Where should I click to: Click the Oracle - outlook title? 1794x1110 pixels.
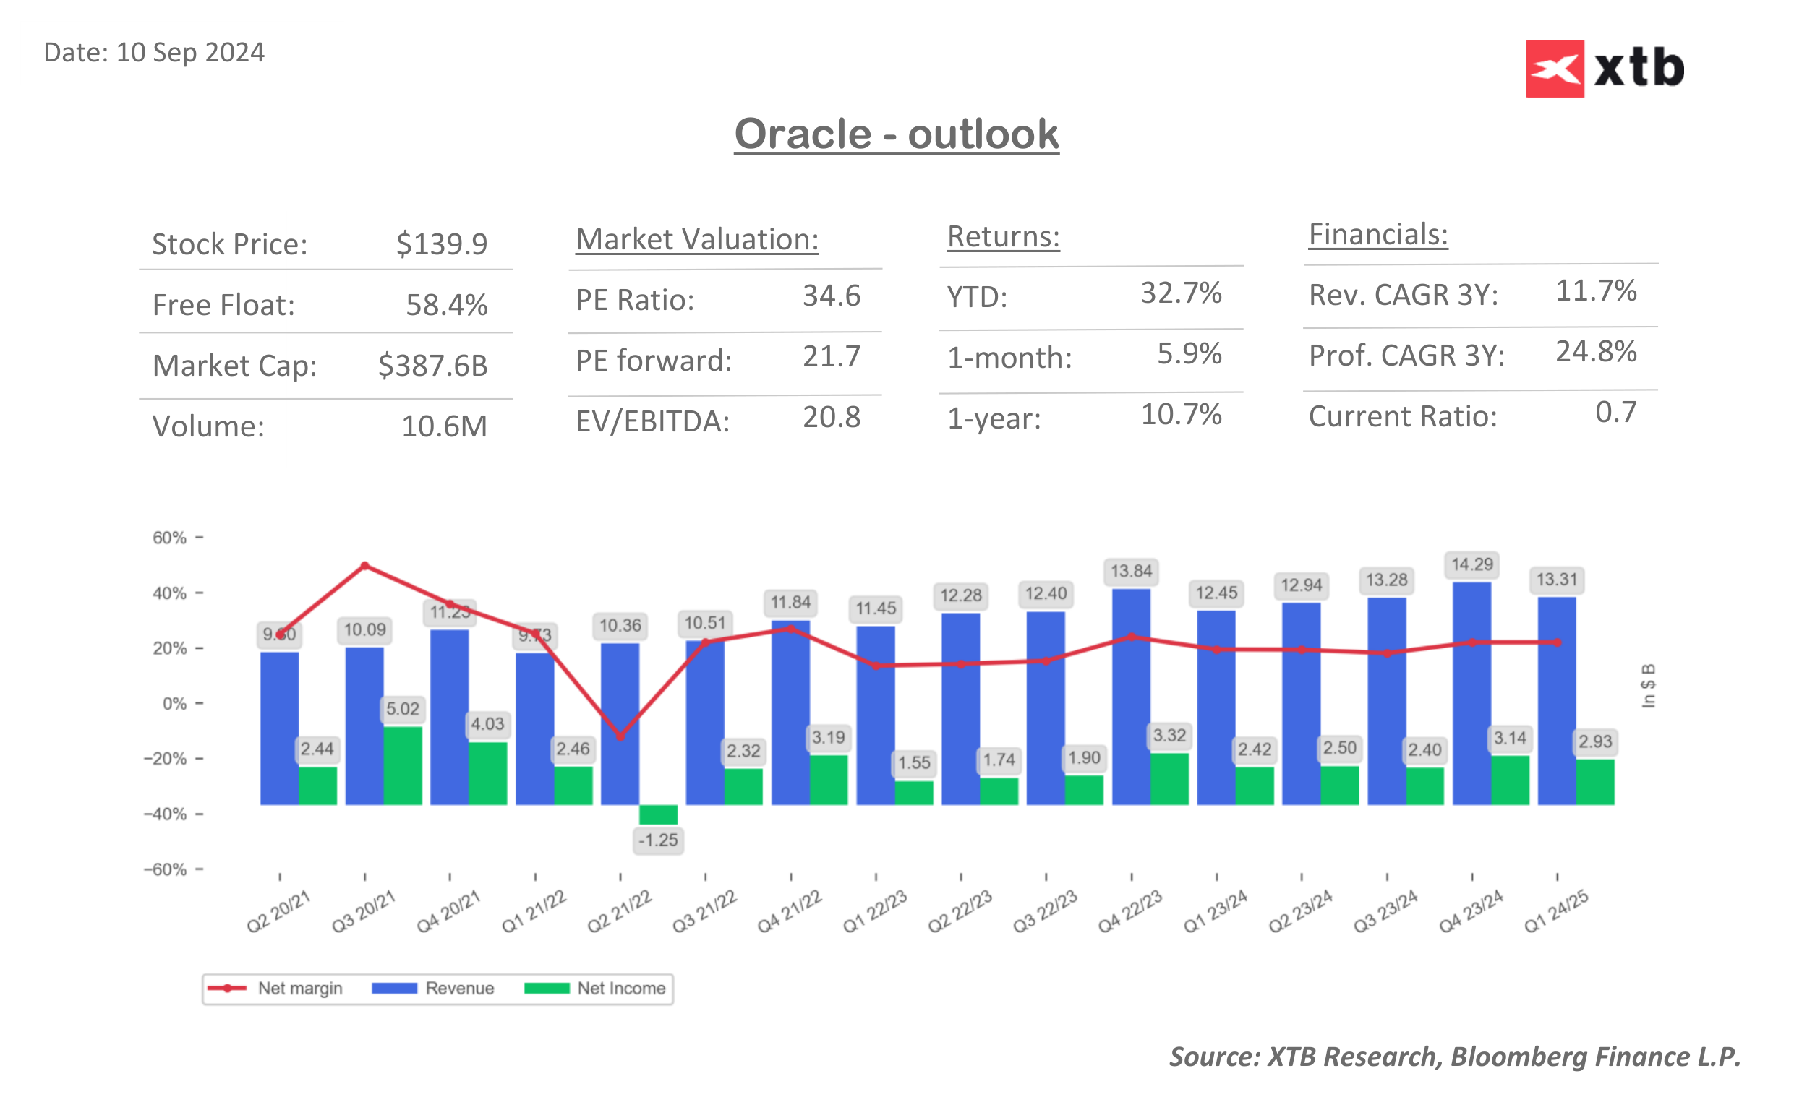coord(896,134)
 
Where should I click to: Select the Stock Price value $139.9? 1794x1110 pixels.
coord(441,244)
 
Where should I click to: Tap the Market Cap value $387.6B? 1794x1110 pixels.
coord(432,366)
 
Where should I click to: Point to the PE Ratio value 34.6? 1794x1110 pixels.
coord(831,296)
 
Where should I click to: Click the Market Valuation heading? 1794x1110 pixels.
coord(696,239)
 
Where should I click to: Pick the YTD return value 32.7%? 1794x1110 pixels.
coord(1180,293)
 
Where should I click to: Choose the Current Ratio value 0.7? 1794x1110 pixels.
coord(1615,413)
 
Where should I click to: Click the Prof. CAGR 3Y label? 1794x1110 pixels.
coord(1406,356)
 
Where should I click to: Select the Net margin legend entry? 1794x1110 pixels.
coord(275,988)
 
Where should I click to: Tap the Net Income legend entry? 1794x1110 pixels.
coord(595,988)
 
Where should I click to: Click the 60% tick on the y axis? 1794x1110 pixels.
coord(171,538)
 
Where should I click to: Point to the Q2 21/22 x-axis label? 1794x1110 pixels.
coord(619,911)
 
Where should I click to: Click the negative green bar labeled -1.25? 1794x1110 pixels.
coord(658,814)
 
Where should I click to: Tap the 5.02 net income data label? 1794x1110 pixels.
coord(403,709)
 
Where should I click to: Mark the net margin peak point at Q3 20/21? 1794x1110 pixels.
coord(365,566)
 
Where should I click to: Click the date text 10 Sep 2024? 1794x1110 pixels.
coord(190,53)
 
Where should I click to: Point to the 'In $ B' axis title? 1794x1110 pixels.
coord(1648,686)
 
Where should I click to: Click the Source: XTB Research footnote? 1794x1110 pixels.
coord(1454,1057)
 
